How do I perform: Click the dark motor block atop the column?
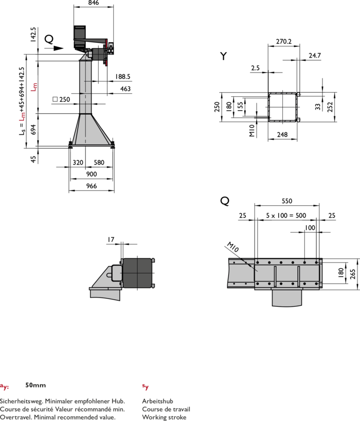pyautogui.click(x=80, y=34)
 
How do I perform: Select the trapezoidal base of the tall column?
pyautogui.click(x=92, y=131)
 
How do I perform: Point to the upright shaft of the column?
pyautogui.click(x=85, y=85)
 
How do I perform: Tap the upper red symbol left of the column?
pyautogui.click(x=34, y=87)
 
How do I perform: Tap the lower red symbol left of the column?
pyautogui.click(x=22, y=117)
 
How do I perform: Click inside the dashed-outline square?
pyautogui.click(x=282, y=107)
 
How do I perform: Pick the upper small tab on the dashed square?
pyautogui.click(x=298, y=94)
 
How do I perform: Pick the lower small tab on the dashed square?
pyautogui.click(x=298, y=120)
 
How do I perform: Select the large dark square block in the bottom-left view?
pyautogui.click(x=137, y=273)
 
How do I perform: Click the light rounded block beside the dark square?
pyautogui.click(x=117, y=273)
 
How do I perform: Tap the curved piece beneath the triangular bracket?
pyautogui.click(x=105, y=294)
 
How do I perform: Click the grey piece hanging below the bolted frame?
pyautogui.click(x=286, y=297)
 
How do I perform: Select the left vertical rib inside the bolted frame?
pyautogui.click(x=275, y=276)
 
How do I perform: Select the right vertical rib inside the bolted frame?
pyautogui.click(x=298, y=276)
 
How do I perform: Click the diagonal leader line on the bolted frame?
pyautogui.click(x=249, y=265)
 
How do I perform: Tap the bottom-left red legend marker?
pyautogui.click(x=4, y=387)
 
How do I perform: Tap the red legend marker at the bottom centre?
pyautogui.click(x=146, y=387)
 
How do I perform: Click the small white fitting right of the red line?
pyautogui.click(x=111, y=48)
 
